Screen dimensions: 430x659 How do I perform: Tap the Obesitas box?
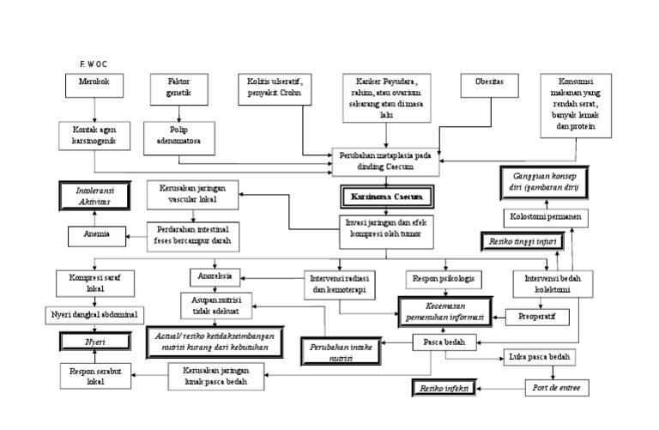(x=489, y=85)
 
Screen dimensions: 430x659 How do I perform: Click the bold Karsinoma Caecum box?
(x=386, y=197)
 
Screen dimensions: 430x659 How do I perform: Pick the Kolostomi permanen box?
(x=544, y=217)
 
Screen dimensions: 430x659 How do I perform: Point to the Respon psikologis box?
(x=444, y=280)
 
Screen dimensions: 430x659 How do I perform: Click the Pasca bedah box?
(x=439, y=343)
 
